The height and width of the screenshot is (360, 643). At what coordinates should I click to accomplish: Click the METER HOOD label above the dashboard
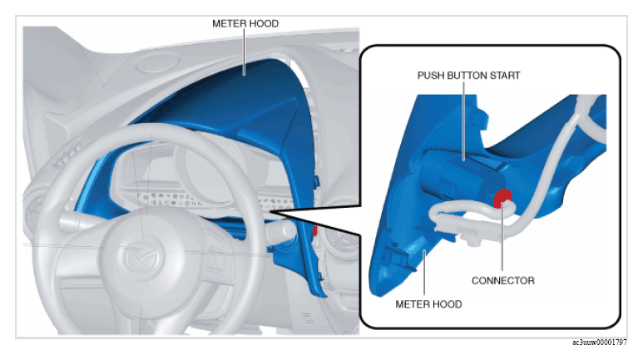click(x=245, y=24)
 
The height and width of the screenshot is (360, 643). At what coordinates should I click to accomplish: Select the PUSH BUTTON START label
click(x=468, y=76)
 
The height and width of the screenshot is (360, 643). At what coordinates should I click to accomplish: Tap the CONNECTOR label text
click(x=503, y=280)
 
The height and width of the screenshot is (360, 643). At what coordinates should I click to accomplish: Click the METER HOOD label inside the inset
click(x=428, y=304)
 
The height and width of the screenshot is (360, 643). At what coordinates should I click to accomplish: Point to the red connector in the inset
click(x=502, y=198)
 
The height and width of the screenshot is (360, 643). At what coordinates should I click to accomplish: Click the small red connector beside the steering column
click(x=315, y=231)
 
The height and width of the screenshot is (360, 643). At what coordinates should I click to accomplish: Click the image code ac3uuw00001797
click(x=600, y=343)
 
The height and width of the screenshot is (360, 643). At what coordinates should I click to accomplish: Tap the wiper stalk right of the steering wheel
click(x=281, y=231)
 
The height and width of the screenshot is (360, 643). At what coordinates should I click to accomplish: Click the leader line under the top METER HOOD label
click(x=245, y=52)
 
